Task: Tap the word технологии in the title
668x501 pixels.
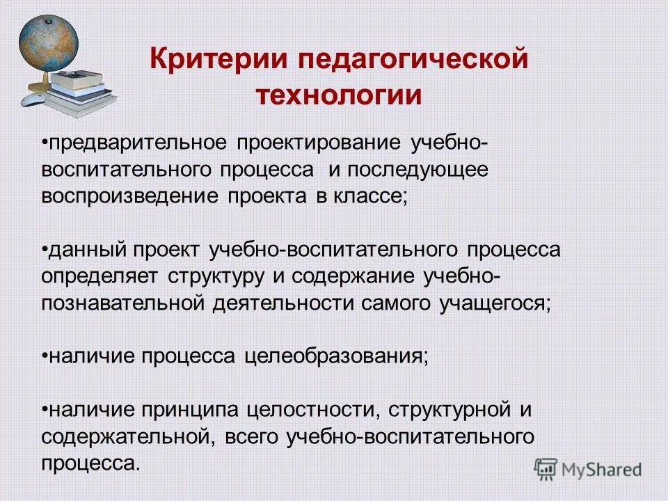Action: (340, 95)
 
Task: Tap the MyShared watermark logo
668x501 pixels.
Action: (588, 469)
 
